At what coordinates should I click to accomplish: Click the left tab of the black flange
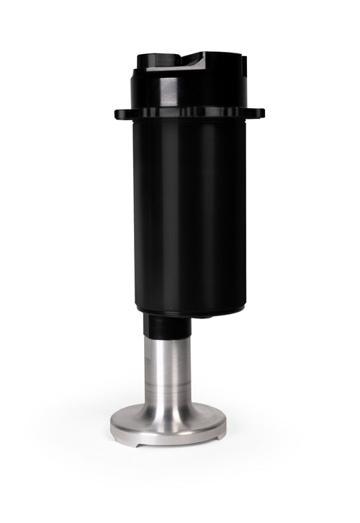[x=122, y=112]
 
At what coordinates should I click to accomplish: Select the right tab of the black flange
[x=255, y=112]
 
